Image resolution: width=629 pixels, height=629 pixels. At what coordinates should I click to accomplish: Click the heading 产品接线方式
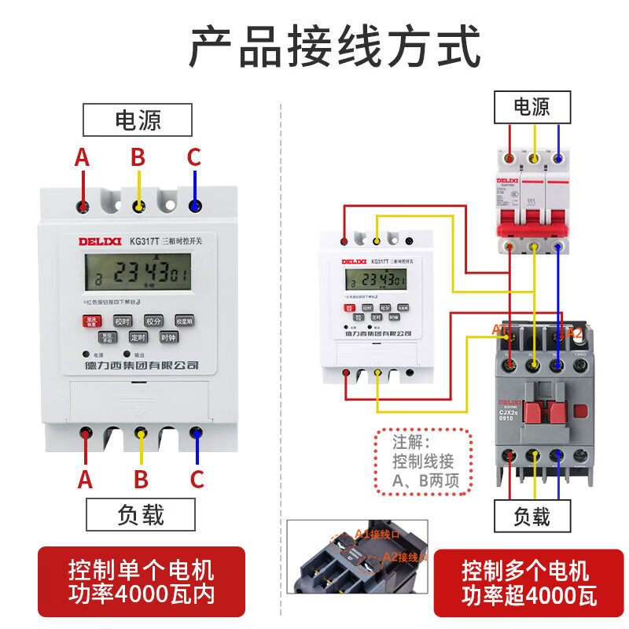[333, 46]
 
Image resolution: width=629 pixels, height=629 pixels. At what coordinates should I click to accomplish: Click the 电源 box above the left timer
[138, 121]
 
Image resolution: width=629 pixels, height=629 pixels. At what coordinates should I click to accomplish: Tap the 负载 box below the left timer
[141, 515]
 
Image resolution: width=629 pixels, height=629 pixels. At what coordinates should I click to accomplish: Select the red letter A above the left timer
[82, 158]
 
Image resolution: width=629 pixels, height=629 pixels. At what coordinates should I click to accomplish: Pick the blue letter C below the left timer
[197, 479]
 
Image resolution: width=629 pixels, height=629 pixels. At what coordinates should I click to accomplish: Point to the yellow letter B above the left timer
[138, 158]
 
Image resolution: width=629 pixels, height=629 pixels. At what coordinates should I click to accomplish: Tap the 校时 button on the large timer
[122, 321]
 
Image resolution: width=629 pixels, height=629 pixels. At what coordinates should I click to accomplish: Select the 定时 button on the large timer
[138, 337]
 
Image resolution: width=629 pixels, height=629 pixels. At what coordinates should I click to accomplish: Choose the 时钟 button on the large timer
[167, 337]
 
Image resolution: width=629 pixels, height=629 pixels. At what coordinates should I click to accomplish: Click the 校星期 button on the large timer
[184, 321]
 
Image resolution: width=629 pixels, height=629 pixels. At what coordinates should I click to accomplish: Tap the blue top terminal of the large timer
[194, 207]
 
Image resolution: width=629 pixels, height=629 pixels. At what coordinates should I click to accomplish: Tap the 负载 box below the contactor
[531, 516]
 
